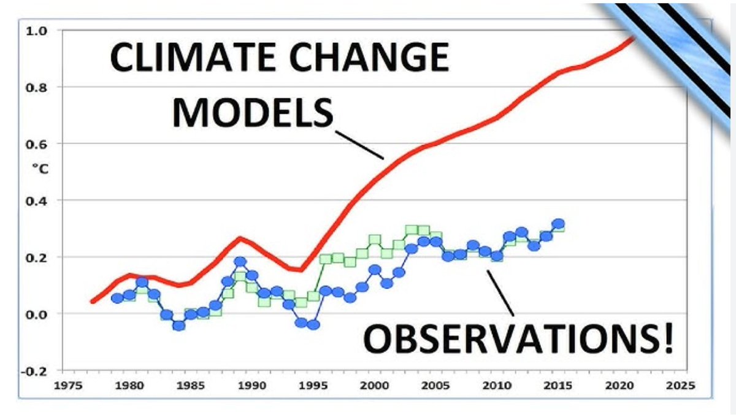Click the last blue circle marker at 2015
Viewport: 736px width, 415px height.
click(x=558, y=224)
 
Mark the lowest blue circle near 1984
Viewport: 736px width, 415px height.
click(x=178, y=326)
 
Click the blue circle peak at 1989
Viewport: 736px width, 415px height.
click(x=240, y=262)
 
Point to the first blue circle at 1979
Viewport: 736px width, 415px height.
click(x=117, y=299)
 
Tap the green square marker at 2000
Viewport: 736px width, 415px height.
click(x=375, y=240)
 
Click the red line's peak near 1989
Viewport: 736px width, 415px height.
click(x=240, y=238)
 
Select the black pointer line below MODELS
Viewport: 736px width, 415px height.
click(x=360, y=143)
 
